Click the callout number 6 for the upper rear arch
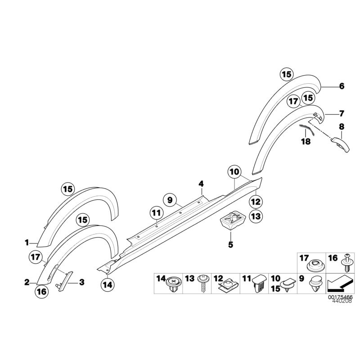click(x=342, y=86)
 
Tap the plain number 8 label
click(x=342, y=126)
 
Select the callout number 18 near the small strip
click(x=306, y=141)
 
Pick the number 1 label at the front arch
click(x=27, y=243)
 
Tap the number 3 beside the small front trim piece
click(x=81, y=283)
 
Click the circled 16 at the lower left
click(x=41, y=292)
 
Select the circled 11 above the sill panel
click(x=156, y=213)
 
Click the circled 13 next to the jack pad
click(x=255, y=216)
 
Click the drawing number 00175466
click(x=339, y=298)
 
